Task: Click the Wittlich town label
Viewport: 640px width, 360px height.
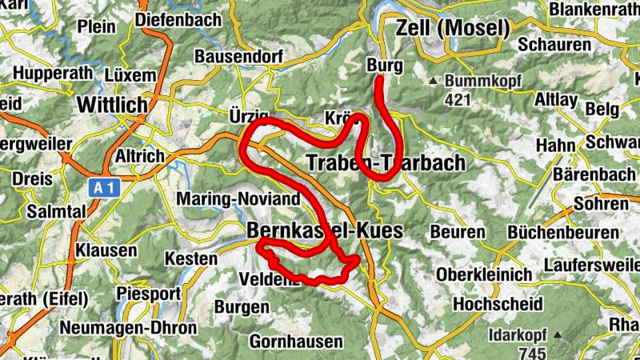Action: (113, 104)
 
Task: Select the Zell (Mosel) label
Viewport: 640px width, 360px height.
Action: (453, 30)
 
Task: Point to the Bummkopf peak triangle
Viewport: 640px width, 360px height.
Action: (433, 81)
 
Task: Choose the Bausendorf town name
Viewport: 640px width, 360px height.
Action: (235, 58)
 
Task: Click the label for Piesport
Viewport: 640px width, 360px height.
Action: (149, 293)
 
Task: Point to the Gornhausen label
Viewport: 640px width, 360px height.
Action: (296, 342)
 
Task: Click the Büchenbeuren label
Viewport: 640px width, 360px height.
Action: (562, 232)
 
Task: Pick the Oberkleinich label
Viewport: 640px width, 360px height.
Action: (484, 274)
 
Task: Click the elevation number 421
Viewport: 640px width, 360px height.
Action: (457, 100)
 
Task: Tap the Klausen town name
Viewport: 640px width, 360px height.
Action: (106, 251)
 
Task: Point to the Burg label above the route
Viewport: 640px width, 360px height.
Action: (384, 66)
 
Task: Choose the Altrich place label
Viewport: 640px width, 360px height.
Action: (140, 155)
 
